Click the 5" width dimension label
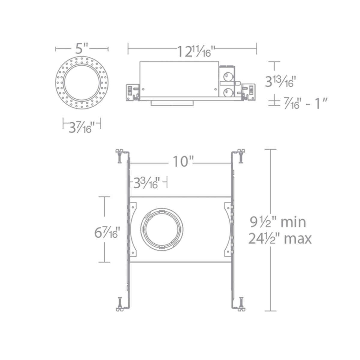pos(82,48)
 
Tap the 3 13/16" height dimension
pos(280,81)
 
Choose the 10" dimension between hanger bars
pos(182,162)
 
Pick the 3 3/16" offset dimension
pos(146,183)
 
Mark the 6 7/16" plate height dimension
pos(107,232)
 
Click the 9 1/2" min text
pos(278,222)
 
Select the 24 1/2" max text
pos(280,239)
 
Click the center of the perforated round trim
pos(82,82)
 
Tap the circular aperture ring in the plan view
pos(162,228)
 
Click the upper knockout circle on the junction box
pos(228,76)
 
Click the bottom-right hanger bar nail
pos(241,304)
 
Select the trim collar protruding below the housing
pos(172,103)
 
